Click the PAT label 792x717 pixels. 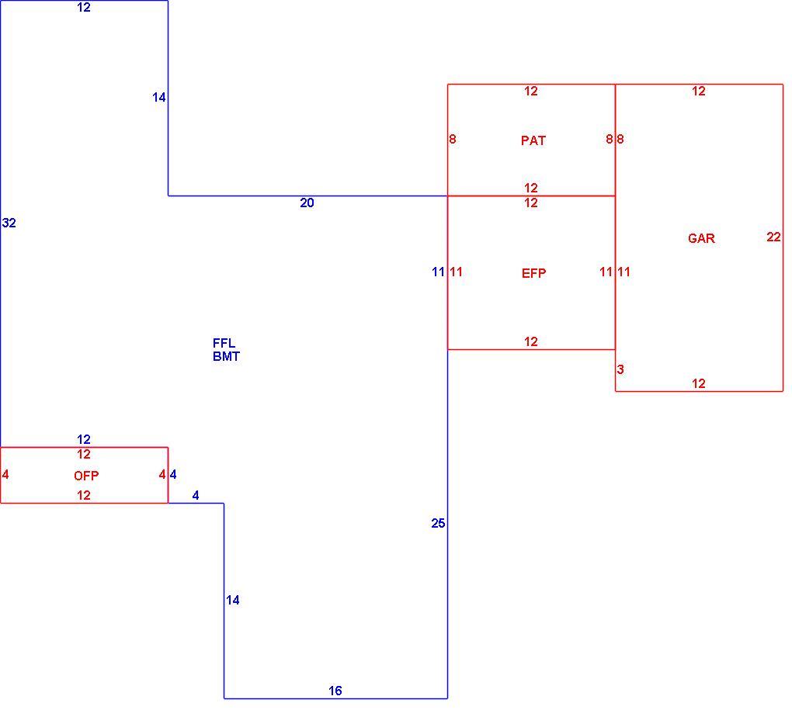(x=533, y=140)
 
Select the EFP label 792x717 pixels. (x=533, y=273)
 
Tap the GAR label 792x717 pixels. (x=701, y=238)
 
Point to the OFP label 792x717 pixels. (x=86, y=476)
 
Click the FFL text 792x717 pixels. (x=224, y=343)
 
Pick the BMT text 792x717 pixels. (x=226, y=356)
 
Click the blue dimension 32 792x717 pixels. (x=9, y=223)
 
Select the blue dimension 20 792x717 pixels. (x=307, y=203)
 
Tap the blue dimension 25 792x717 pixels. (x=438, y=524)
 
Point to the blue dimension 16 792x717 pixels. (x=335, y=691)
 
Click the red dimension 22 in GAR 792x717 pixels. (x=773, y=237)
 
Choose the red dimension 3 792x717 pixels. (x=620, y=369)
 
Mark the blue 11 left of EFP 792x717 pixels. (x=438, y=272)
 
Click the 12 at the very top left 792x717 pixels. (x=84, y=8)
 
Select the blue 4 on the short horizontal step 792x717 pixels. (x=196, y=496)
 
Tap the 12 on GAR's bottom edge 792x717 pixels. (x=699, y=384)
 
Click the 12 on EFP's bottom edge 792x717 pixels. (x=531, y=342)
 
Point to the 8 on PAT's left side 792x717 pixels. (x=453, y=139)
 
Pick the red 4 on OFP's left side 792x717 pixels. (x=5, y=475)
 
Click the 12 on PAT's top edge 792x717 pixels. (x=531, y=92)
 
